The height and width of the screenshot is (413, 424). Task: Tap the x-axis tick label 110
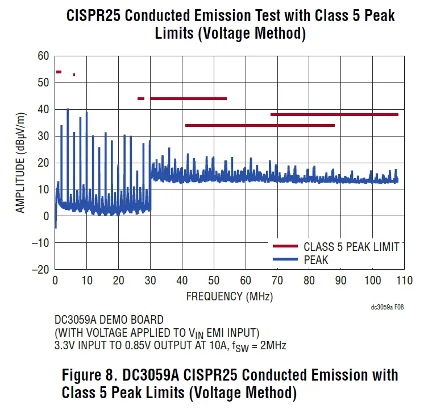tap(404, 280)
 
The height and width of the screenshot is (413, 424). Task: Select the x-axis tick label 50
tap(214, 280)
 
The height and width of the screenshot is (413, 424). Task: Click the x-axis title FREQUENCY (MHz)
tap(229, 296)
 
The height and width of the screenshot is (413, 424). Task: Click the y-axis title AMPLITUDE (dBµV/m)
tap(21, 162)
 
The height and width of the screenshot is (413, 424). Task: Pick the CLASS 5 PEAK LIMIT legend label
tap(351, 247)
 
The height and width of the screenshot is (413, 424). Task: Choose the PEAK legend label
tap(316, 260)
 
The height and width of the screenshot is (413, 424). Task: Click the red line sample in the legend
tap(285, 246)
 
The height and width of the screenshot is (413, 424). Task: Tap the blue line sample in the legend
tap(285, 260)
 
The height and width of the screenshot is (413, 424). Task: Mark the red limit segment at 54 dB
tap(59, 72)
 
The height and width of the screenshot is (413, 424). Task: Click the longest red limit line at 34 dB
tap(260, 125)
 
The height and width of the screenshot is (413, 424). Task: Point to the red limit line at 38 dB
tap(334, 114)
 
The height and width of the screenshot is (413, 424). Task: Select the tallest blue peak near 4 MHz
tap(68, 110)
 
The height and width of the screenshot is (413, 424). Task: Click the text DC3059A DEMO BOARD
tap(109, 320)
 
